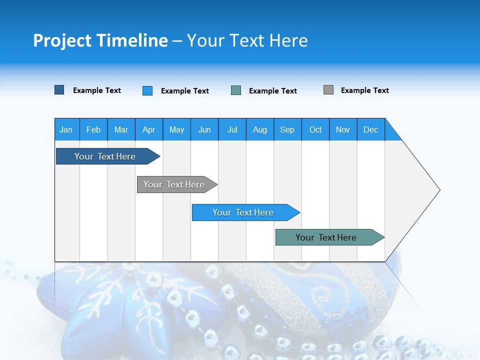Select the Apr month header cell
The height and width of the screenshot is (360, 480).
(x=149, y=129)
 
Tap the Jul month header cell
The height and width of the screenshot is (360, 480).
(x=232, y=129)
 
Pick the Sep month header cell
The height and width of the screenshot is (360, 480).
(x=287, y=129)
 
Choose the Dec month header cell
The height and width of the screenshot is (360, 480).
(x=370, y=129)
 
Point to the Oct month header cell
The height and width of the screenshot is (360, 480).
(x=315, y=129)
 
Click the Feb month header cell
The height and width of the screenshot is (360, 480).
(x=93, y=129)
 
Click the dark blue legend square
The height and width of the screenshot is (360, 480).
(x=59, y=90)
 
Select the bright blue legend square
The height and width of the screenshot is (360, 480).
(x=147, y=90)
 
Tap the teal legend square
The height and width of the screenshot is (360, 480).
(x=236, y=90)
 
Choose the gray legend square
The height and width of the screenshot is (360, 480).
(x=328, y=90)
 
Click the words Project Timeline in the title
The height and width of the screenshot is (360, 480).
(x=100, y=40)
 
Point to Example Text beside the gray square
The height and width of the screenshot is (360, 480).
(x=364, y=90)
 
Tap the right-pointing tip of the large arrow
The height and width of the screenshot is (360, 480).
(x=438, y=190)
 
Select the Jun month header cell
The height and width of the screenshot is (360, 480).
(x=204, y=129)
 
